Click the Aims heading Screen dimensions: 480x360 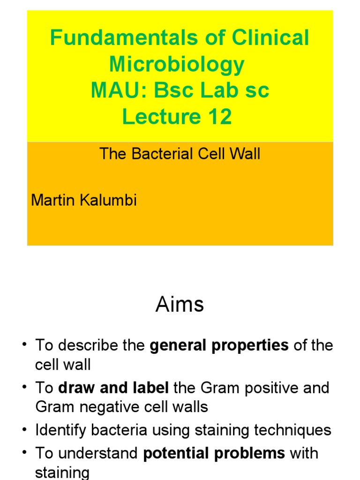[180, 305]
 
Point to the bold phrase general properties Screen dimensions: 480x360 [219, 345]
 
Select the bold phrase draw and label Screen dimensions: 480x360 [113, 388]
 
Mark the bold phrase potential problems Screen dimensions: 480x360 [214, 453]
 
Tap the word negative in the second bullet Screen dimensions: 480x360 [107, 406]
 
